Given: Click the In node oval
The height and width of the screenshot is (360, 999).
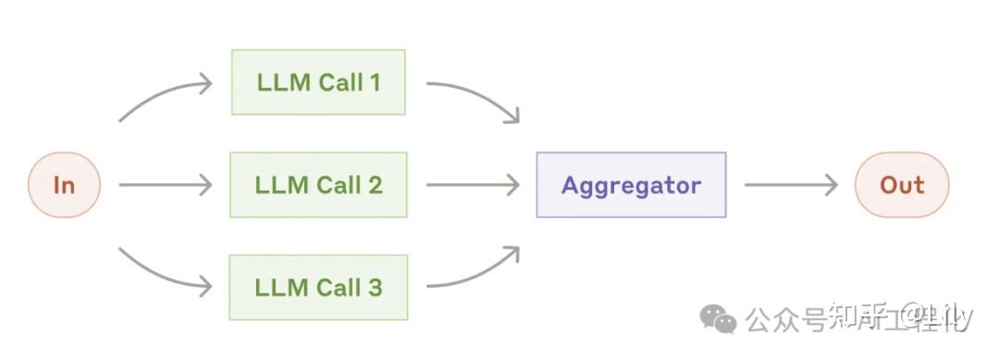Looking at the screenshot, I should (x=64, y=185).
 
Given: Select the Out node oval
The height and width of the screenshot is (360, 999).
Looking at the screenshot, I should (x=902, y=185).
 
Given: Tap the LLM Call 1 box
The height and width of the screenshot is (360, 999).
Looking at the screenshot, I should (x=318, y=82).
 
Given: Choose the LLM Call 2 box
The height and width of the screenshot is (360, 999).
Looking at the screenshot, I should (x=318, y=185).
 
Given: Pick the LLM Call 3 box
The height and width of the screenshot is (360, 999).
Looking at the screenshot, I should (x=318, y=287).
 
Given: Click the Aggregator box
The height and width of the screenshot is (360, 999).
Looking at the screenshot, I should (x=631, y=185).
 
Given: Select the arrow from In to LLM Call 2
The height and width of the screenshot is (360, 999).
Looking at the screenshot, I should (x=165, y=185).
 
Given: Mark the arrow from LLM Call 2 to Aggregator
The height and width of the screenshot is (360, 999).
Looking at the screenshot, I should (x=472, y=185).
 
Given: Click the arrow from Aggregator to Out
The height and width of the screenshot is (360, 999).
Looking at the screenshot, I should (x=790, y=185).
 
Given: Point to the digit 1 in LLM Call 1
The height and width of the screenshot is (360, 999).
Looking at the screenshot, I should (x=374, y=82).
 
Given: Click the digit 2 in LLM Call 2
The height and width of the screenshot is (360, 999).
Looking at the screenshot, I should (x=373, y=185).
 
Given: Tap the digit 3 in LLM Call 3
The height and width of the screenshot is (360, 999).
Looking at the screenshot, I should (x=373, y=287).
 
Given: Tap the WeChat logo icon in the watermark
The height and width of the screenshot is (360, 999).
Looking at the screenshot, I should (x=719, y=319).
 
